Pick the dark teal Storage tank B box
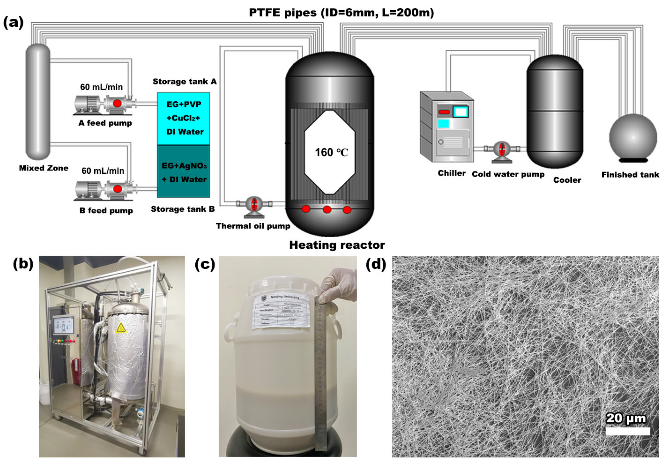click(x=183, y=171)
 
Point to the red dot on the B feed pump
click(x=117, y=189)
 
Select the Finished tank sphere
click(x=633, y=138)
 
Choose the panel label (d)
click(x=376, y=264)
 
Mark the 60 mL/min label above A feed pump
click(x=101, y=87)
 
